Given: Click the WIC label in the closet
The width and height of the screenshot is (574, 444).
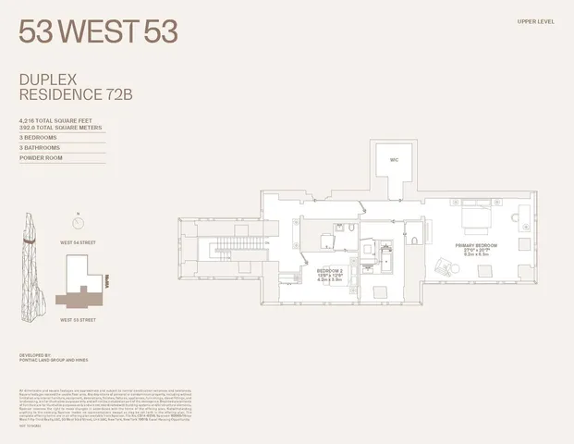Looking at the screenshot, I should [x=393, y=161].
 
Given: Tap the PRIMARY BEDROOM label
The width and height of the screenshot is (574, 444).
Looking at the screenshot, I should [x=476, y=245].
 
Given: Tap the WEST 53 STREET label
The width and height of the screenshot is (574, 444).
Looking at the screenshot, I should [x=79, y=319].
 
